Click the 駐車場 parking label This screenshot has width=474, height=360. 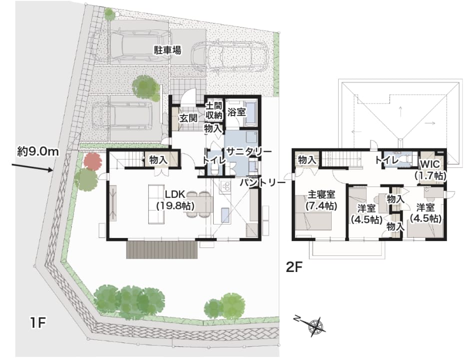coord(168,50)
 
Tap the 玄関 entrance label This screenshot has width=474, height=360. coord(188,118)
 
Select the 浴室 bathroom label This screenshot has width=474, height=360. coord(236,112)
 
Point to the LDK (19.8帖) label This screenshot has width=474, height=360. coord(175,199)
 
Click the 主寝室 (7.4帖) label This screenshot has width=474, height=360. coord(321,199)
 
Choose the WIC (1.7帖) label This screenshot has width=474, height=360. coord(430,170)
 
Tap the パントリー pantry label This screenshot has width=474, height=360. coord(263,183)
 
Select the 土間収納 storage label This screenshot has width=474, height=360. coord(214,110)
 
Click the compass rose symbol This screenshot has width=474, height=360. coord(316,326)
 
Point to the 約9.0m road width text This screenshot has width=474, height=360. coord(38,151)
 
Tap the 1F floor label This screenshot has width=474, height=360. coord(38,323)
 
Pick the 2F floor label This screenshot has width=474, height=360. coord(294,267)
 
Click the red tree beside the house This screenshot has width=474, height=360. coord(92,162)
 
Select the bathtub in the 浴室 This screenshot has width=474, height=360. coord(251,113)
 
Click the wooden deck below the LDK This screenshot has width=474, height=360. coord(162,249)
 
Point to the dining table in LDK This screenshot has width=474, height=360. coord(199,205)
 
